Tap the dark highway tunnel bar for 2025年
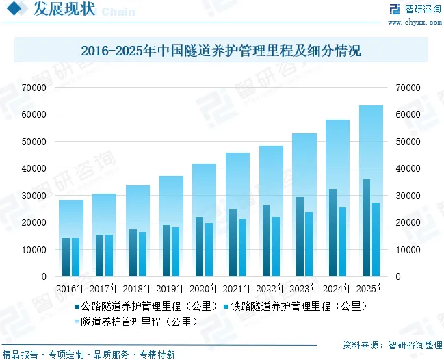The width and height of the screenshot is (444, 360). (x=367, y=228)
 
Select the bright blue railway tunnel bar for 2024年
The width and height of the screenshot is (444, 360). (x=342, y=242)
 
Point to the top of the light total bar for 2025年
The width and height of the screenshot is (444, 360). (x=371, y=107)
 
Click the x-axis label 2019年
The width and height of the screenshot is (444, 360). (x=170, y=289)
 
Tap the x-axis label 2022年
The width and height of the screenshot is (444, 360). (x=271, y=289)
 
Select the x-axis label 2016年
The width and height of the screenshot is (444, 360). (x=70, y=289)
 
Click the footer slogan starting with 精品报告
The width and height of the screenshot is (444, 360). (x=88, y=355)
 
